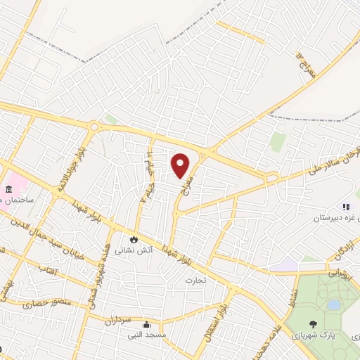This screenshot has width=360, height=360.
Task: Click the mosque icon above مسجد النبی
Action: point(146,325)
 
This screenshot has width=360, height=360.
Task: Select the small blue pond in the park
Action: point(335,304)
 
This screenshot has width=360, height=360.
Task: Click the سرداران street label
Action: point(120,322)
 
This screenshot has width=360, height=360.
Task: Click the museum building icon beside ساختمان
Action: point(8,190)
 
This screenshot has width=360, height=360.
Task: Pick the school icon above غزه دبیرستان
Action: point(345,207)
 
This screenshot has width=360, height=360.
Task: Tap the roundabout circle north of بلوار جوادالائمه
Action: point(94,127)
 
